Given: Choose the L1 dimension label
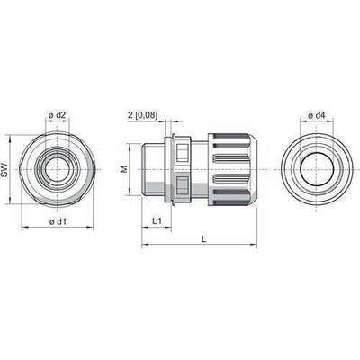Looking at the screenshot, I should tap(156, 220).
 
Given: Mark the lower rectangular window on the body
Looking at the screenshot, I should tap(184, 189).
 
